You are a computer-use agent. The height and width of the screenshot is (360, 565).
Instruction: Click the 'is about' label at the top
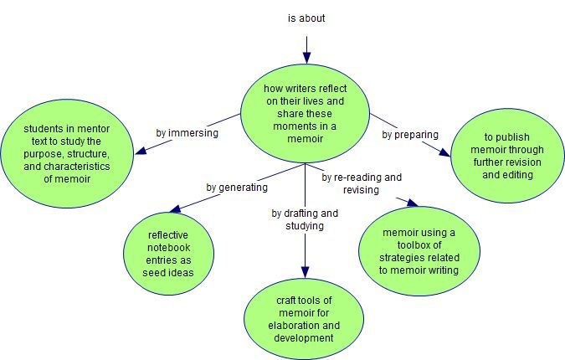[306, 18]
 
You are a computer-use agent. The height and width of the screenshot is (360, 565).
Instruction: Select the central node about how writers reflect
[306, 113]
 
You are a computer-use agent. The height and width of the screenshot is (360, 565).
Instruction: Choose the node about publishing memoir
[508, 155]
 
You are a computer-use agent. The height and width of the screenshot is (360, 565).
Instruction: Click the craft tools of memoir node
[304, 319]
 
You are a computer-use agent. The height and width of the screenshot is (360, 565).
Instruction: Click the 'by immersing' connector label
[187, 132]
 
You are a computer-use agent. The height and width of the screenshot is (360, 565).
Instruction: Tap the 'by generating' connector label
[237, 187]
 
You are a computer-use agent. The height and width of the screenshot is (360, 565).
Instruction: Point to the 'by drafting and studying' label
[305, 219]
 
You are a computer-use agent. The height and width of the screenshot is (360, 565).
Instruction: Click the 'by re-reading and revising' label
[362, 183]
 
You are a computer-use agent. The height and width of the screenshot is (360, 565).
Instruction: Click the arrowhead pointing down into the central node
[306, 58]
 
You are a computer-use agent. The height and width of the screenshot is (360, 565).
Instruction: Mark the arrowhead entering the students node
[141, 151]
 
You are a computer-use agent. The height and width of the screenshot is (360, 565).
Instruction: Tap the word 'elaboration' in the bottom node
[297, 325]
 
